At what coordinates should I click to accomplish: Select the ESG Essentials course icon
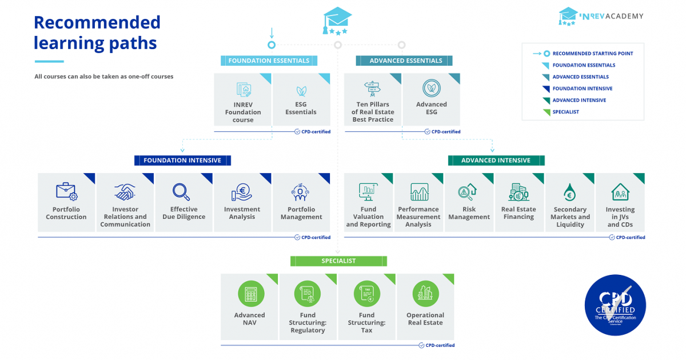(301, 90)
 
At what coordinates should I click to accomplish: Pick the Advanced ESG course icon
(432, 88)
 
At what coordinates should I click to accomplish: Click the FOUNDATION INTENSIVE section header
(182, 161)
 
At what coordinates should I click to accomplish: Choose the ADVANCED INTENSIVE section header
(496, 161)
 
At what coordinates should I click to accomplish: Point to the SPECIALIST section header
(338, 261)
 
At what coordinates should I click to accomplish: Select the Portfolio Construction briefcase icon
(66, 191)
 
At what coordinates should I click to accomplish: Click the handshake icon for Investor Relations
(125, 191)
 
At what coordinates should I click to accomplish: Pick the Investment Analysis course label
(242, 213)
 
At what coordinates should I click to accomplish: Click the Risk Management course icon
(469, 191)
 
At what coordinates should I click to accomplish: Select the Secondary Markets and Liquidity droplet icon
(569, 193)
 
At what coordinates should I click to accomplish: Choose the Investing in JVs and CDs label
(620, 217)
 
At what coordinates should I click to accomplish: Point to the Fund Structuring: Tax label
(366, 322)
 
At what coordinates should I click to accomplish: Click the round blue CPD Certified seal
(615, 305)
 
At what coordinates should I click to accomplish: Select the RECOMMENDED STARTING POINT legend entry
(592, 54)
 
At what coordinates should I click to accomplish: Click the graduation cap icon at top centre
(337, 21)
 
